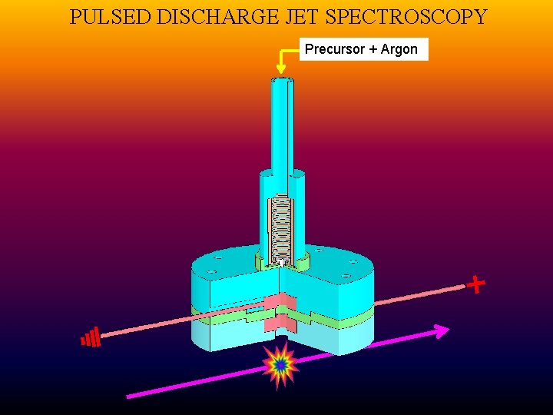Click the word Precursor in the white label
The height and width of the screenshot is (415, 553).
[334, 50]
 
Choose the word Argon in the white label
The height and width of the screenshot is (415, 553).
[399, 50]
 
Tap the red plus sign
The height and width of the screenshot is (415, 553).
[476, 285]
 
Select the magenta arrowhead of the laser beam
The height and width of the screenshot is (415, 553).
[440, 331]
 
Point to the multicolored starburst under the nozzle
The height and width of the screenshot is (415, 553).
[280, 366]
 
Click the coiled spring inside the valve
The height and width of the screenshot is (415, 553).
[281, 227]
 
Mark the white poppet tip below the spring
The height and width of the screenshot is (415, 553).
[283, 264]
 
